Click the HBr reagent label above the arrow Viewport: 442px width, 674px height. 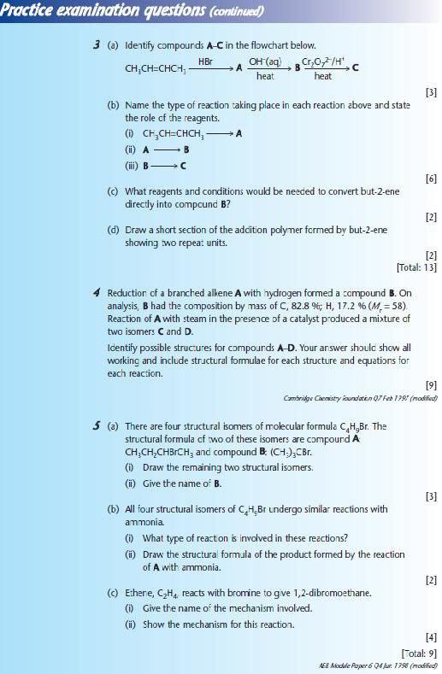205,62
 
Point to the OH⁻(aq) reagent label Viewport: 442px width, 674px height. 266,62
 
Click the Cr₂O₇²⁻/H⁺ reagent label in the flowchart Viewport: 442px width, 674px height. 322,62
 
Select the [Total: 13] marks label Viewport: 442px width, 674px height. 416,267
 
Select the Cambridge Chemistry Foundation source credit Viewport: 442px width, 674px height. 360,398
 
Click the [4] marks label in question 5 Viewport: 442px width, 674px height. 431,636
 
